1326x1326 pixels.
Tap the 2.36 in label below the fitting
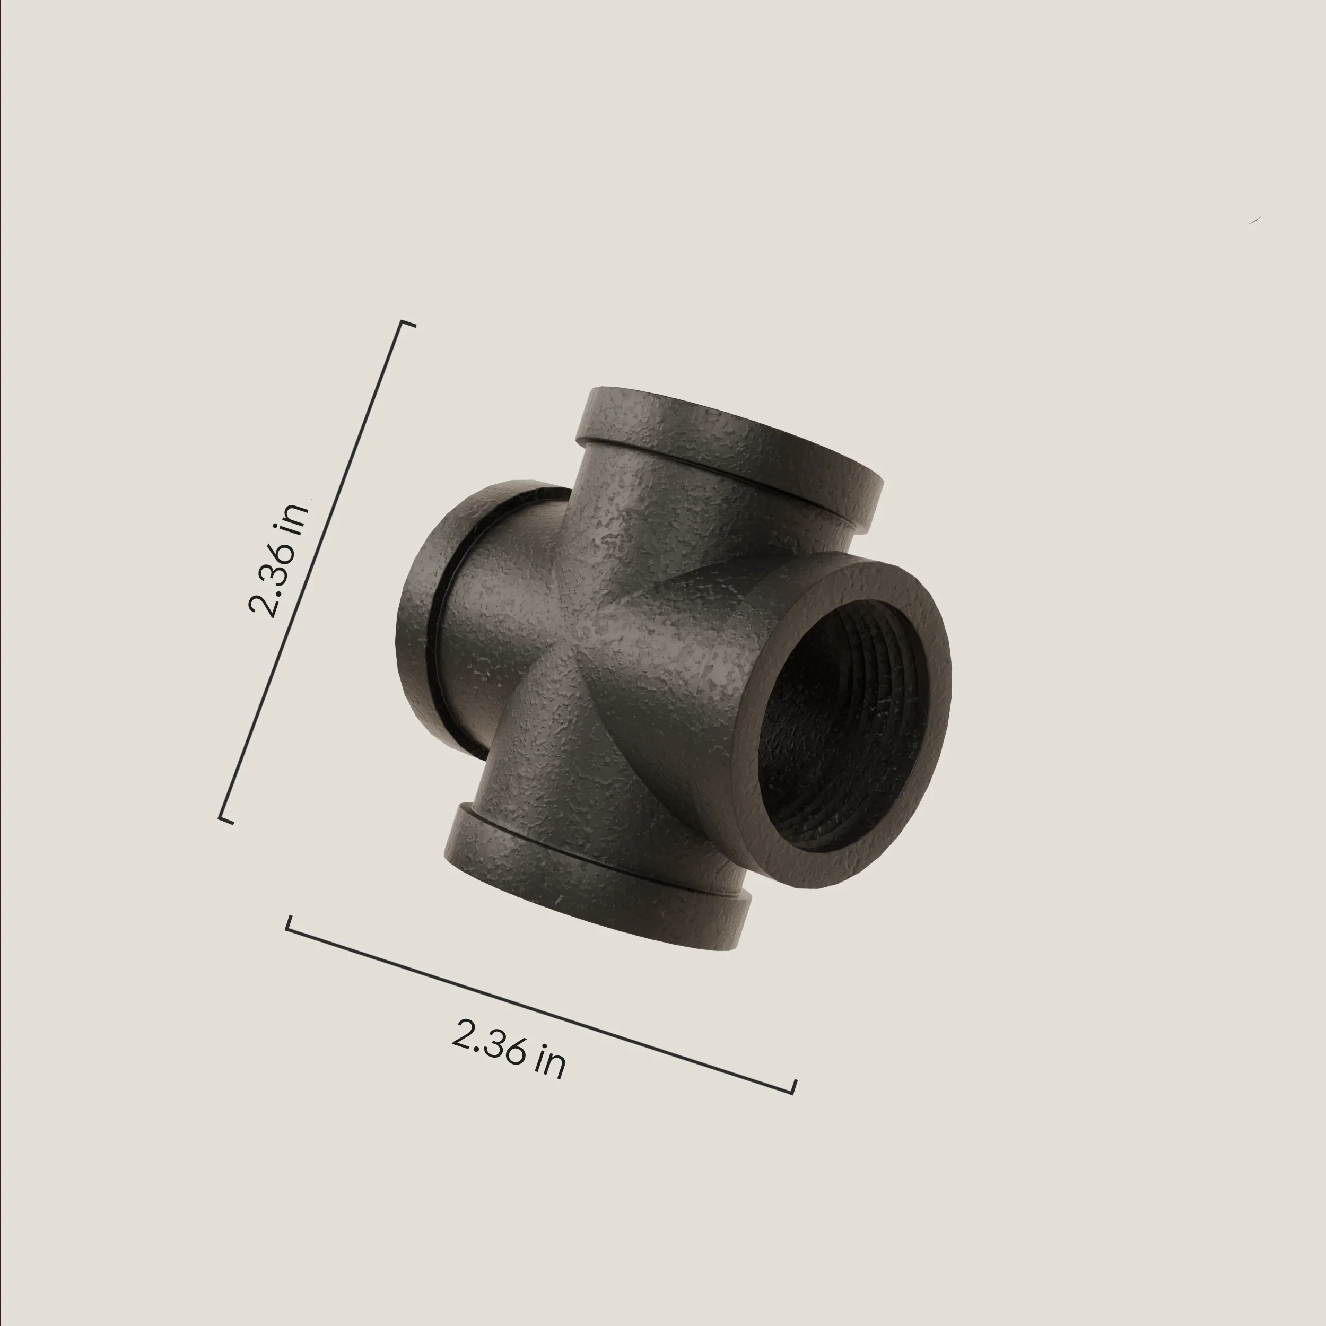pyautogui.click(x=509, y=1050)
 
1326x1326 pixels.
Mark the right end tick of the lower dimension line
pyautogui.click(x=794, y=1086)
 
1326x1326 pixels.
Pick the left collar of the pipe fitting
pyautogui.click(x=439, y=618)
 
